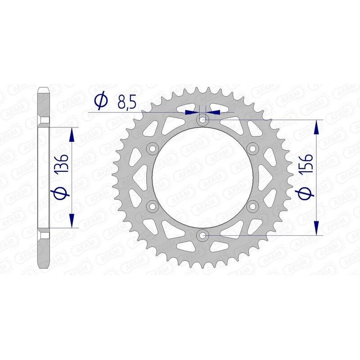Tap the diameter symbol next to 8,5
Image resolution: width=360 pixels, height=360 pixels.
(101, 101)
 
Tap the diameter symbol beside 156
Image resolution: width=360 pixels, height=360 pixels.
(306, 193)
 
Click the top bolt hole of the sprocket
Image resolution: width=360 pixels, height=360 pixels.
(202, 120)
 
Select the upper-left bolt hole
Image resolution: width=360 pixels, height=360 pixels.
(153, 149)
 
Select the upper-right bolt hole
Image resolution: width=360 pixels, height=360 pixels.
(252, 149)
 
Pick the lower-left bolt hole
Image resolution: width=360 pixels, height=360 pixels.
(153, 206)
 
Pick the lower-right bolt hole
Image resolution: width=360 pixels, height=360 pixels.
(252, 206)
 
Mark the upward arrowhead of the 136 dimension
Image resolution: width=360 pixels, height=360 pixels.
(72, 134)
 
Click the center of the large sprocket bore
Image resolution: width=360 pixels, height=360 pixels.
(202, 178)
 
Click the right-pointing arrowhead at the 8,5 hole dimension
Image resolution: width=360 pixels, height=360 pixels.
(194, 111)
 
